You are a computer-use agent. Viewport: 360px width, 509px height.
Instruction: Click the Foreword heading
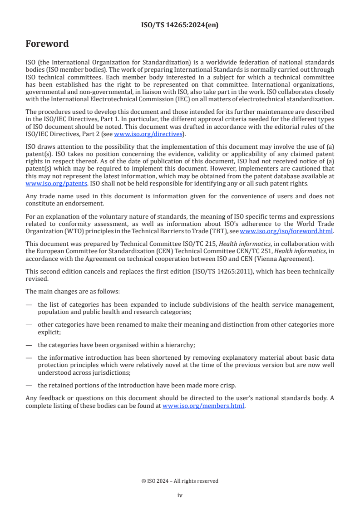pos(47,44)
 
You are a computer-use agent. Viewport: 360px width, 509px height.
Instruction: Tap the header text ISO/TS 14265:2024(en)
pos(180,25)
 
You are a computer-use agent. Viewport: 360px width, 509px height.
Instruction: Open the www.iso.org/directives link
pos(148,134)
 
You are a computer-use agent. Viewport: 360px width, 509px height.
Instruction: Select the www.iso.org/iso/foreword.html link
pos(283,230)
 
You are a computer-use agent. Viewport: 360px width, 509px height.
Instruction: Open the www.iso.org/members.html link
pos(203,406)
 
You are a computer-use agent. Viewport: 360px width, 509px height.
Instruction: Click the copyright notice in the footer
pos(180,481)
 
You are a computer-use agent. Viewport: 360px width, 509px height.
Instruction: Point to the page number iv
pos(180,495)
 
